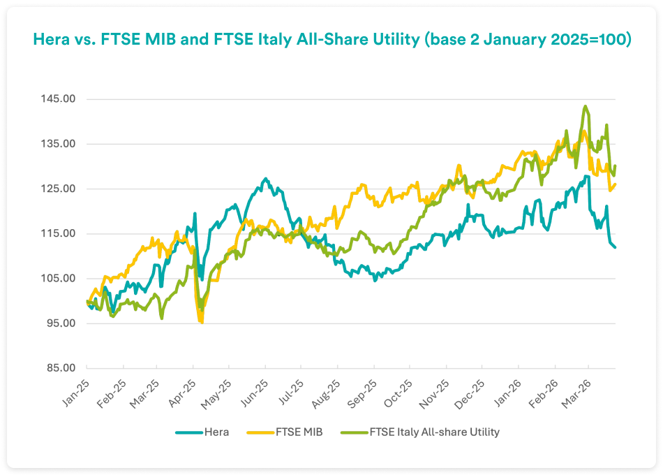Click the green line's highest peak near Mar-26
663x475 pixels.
585,106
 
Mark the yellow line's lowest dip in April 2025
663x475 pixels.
202,323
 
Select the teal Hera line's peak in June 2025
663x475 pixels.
265,179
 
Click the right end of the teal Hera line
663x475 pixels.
615,247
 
